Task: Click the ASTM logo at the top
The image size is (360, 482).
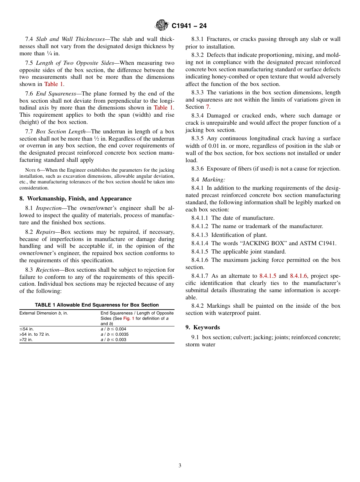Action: [161, 25]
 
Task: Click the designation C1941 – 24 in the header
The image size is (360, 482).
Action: [189, 26]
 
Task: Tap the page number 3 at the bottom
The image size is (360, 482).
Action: [180, 466]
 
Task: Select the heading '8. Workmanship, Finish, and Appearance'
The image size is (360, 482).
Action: [75, 199]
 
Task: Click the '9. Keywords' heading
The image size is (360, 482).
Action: [203, 327]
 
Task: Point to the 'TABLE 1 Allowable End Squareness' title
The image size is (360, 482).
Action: [97, 305]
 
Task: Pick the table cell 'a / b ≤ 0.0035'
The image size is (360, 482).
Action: [114, 335]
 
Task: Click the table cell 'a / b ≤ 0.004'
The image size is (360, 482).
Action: [113, 329]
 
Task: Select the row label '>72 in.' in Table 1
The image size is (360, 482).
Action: [26, 340]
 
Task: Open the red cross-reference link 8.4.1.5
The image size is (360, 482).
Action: [268, 276]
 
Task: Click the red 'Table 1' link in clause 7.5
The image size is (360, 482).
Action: [53, 84]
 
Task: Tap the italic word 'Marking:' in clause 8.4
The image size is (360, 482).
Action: [213, 180]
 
